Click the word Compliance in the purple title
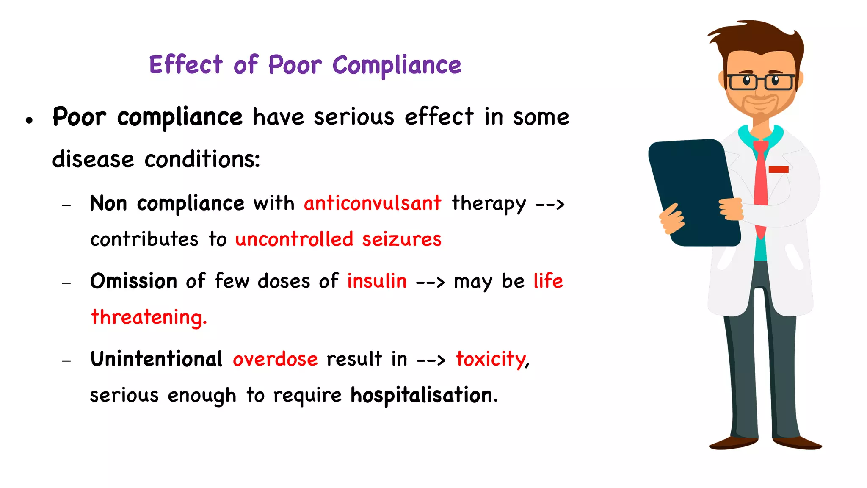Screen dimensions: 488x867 click(397, 66)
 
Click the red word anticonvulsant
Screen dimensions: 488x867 click(373, 203)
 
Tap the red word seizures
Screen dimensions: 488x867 click(401, 239)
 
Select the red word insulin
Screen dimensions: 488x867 click(377, 281)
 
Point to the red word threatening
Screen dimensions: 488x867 click(149, 317)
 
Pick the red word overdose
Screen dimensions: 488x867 click(275, 360)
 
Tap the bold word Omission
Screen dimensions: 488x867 click(134, 281)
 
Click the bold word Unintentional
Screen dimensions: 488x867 click(156, 360)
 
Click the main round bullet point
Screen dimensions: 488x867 click(29, 120)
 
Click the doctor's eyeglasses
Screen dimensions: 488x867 click(760, 82)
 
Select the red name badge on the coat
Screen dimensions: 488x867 click(778, 169)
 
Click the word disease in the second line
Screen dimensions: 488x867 click(93, 160)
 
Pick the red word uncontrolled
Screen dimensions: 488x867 click(294, 239)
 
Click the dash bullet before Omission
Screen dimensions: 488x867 click(66, 283)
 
